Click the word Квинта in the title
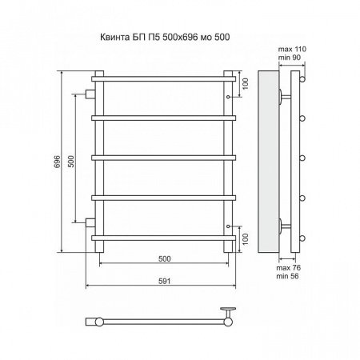[x=115, y=37]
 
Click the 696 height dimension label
[x=58, y=162]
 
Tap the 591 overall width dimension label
[x=164, y=281]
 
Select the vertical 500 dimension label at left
[x=71, y=162]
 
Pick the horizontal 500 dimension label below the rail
[x=165, y=258]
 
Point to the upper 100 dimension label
[x=246, y=83]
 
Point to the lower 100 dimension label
[x=246, y=239]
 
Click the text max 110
[x=292, y=49]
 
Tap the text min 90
[x=289, y=58]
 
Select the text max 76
[x=289, y=268]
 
